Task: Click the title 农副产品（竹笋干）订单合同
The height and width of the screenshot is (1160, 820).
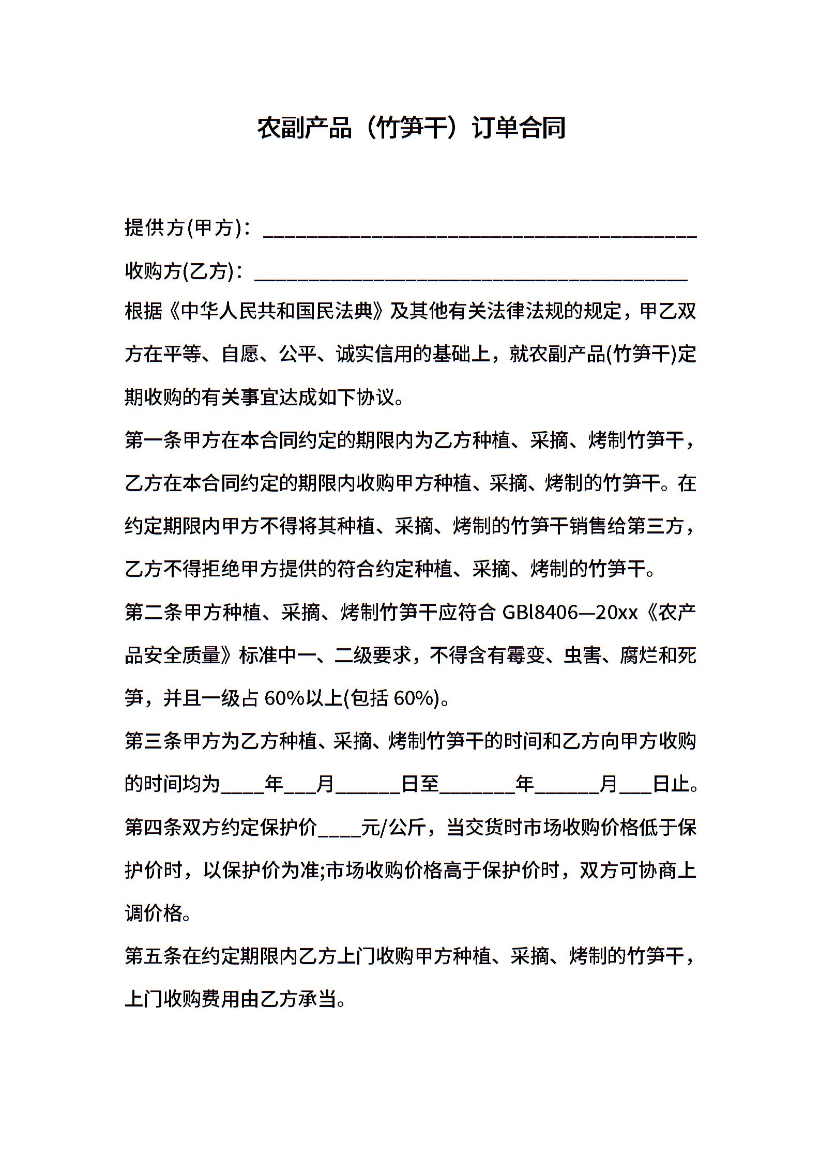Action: [x=411, y=128]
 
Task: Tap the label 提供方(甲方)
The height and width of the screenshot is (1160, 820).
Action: [x=184, y=228]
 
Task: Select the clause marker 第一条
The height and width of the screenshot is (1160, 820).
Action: [x=154, y=440]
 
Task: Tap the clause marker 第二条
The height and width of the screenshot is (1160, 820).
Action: [x=154, y=613]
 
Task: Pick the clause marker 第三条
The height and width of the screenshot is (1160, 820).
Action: [x=154, y=741]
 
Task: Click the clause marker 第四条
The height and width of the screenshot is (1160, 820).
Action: [x=154, y=828]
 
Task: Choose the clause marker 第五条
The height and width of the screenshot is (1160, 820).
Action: [x=154, y=956]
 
